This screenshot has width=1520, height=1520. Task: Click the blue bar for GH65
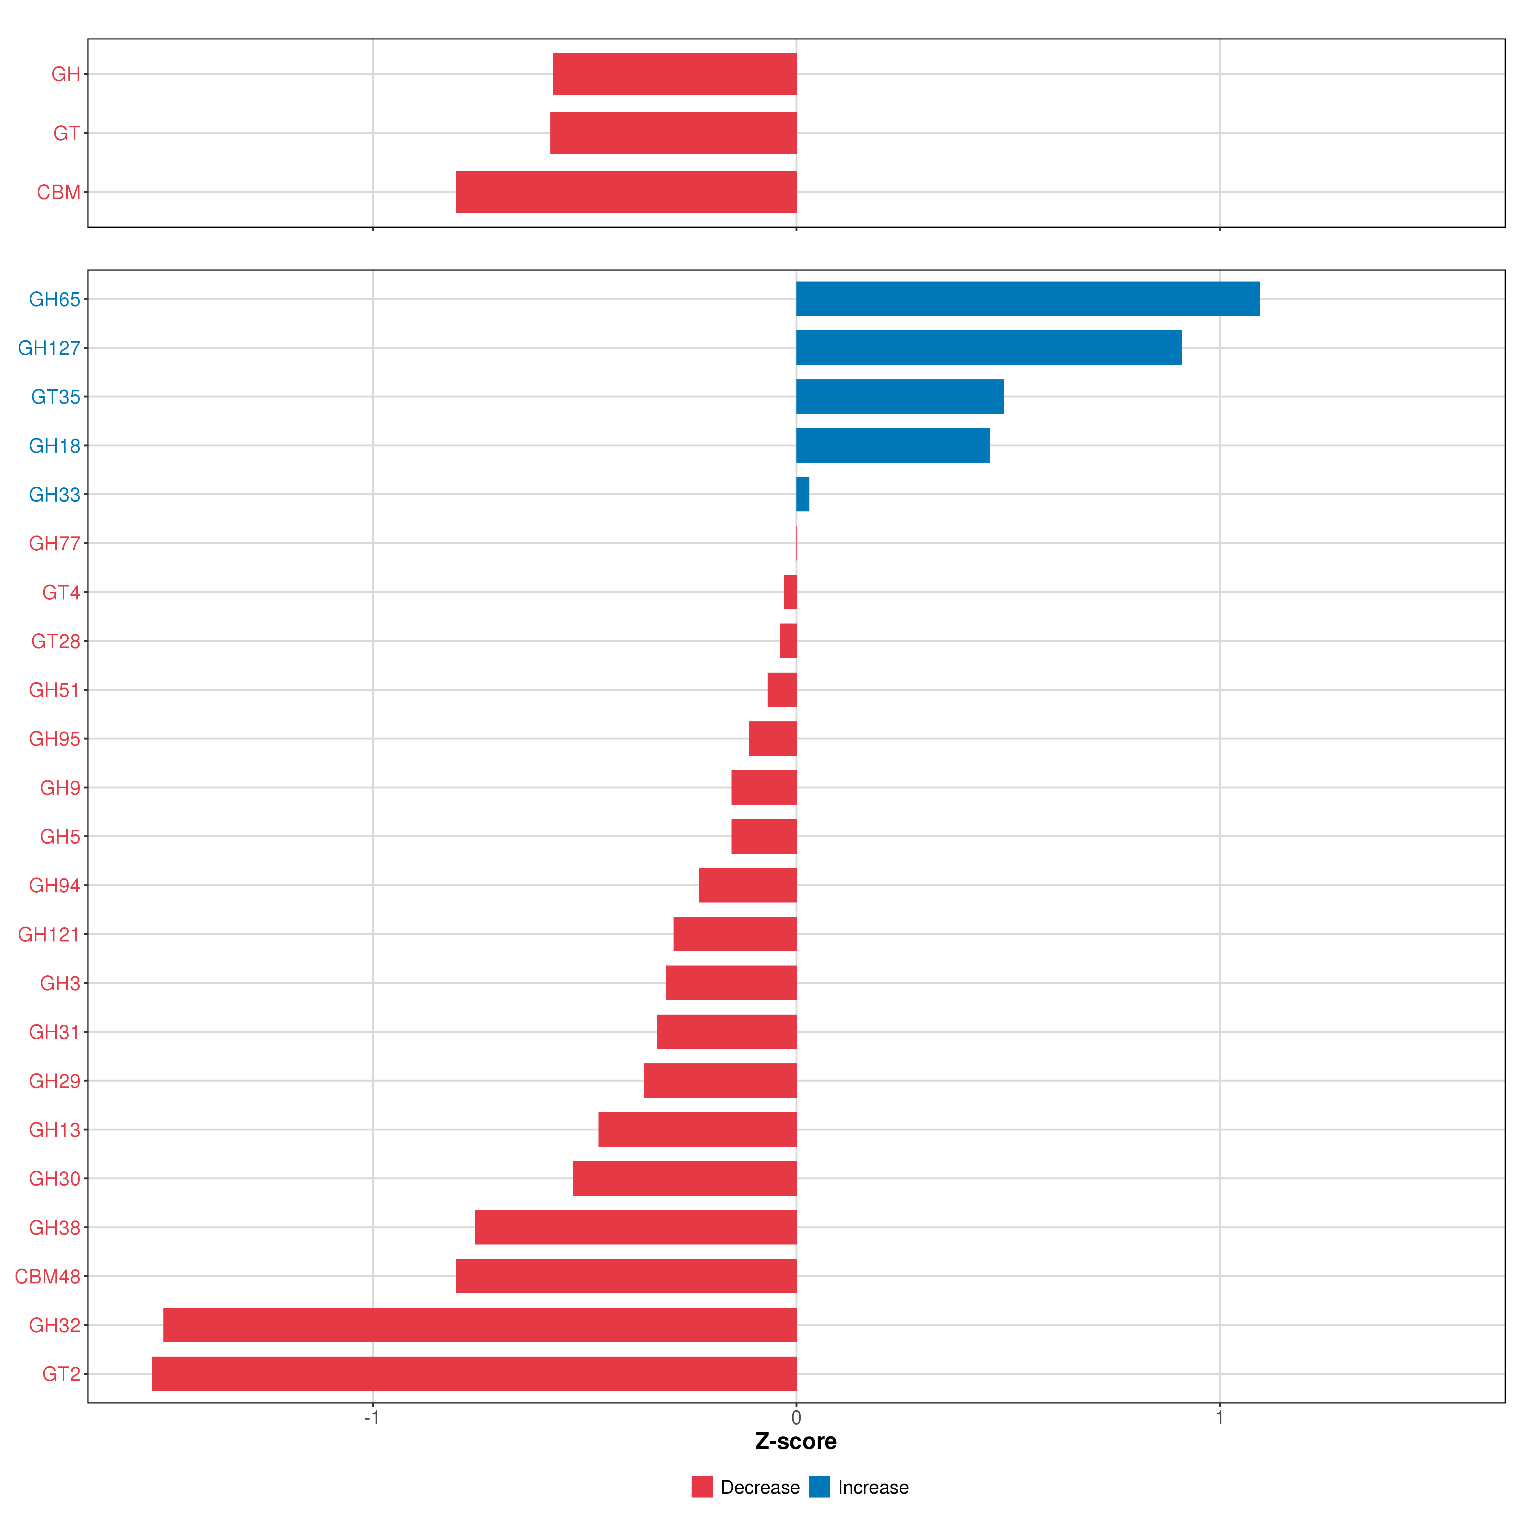(1028, 299)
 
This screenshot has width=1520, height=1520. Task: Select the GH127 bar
(988, 348)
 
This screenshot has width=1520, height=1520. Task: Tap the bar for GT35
(899, 396)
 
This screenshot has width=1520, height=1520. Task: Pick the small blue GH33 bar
(802, 494)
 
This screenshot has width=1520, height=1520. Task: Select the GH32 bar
(480, 1325)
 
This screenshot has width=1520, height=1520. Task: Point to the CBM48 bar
(626, 1276)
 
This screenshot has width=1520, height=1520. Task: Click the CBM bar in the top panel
(626, 192)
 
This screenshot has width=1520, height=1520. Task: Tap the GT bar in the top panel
(674, 133)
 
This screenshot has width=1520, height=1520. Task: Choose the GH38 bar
(636, 1227)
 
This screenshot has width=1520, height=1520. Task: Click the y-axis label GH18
(54, 446)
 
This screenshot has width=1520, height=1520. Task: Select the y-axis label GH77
(54, 544)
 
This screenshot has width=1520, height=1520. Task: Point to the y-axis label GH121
(49, 935)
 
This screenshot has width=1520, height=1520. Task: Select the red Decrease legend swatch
(702, 1487)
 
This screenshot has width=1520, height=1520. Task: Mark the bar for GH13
(697, 1130)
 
